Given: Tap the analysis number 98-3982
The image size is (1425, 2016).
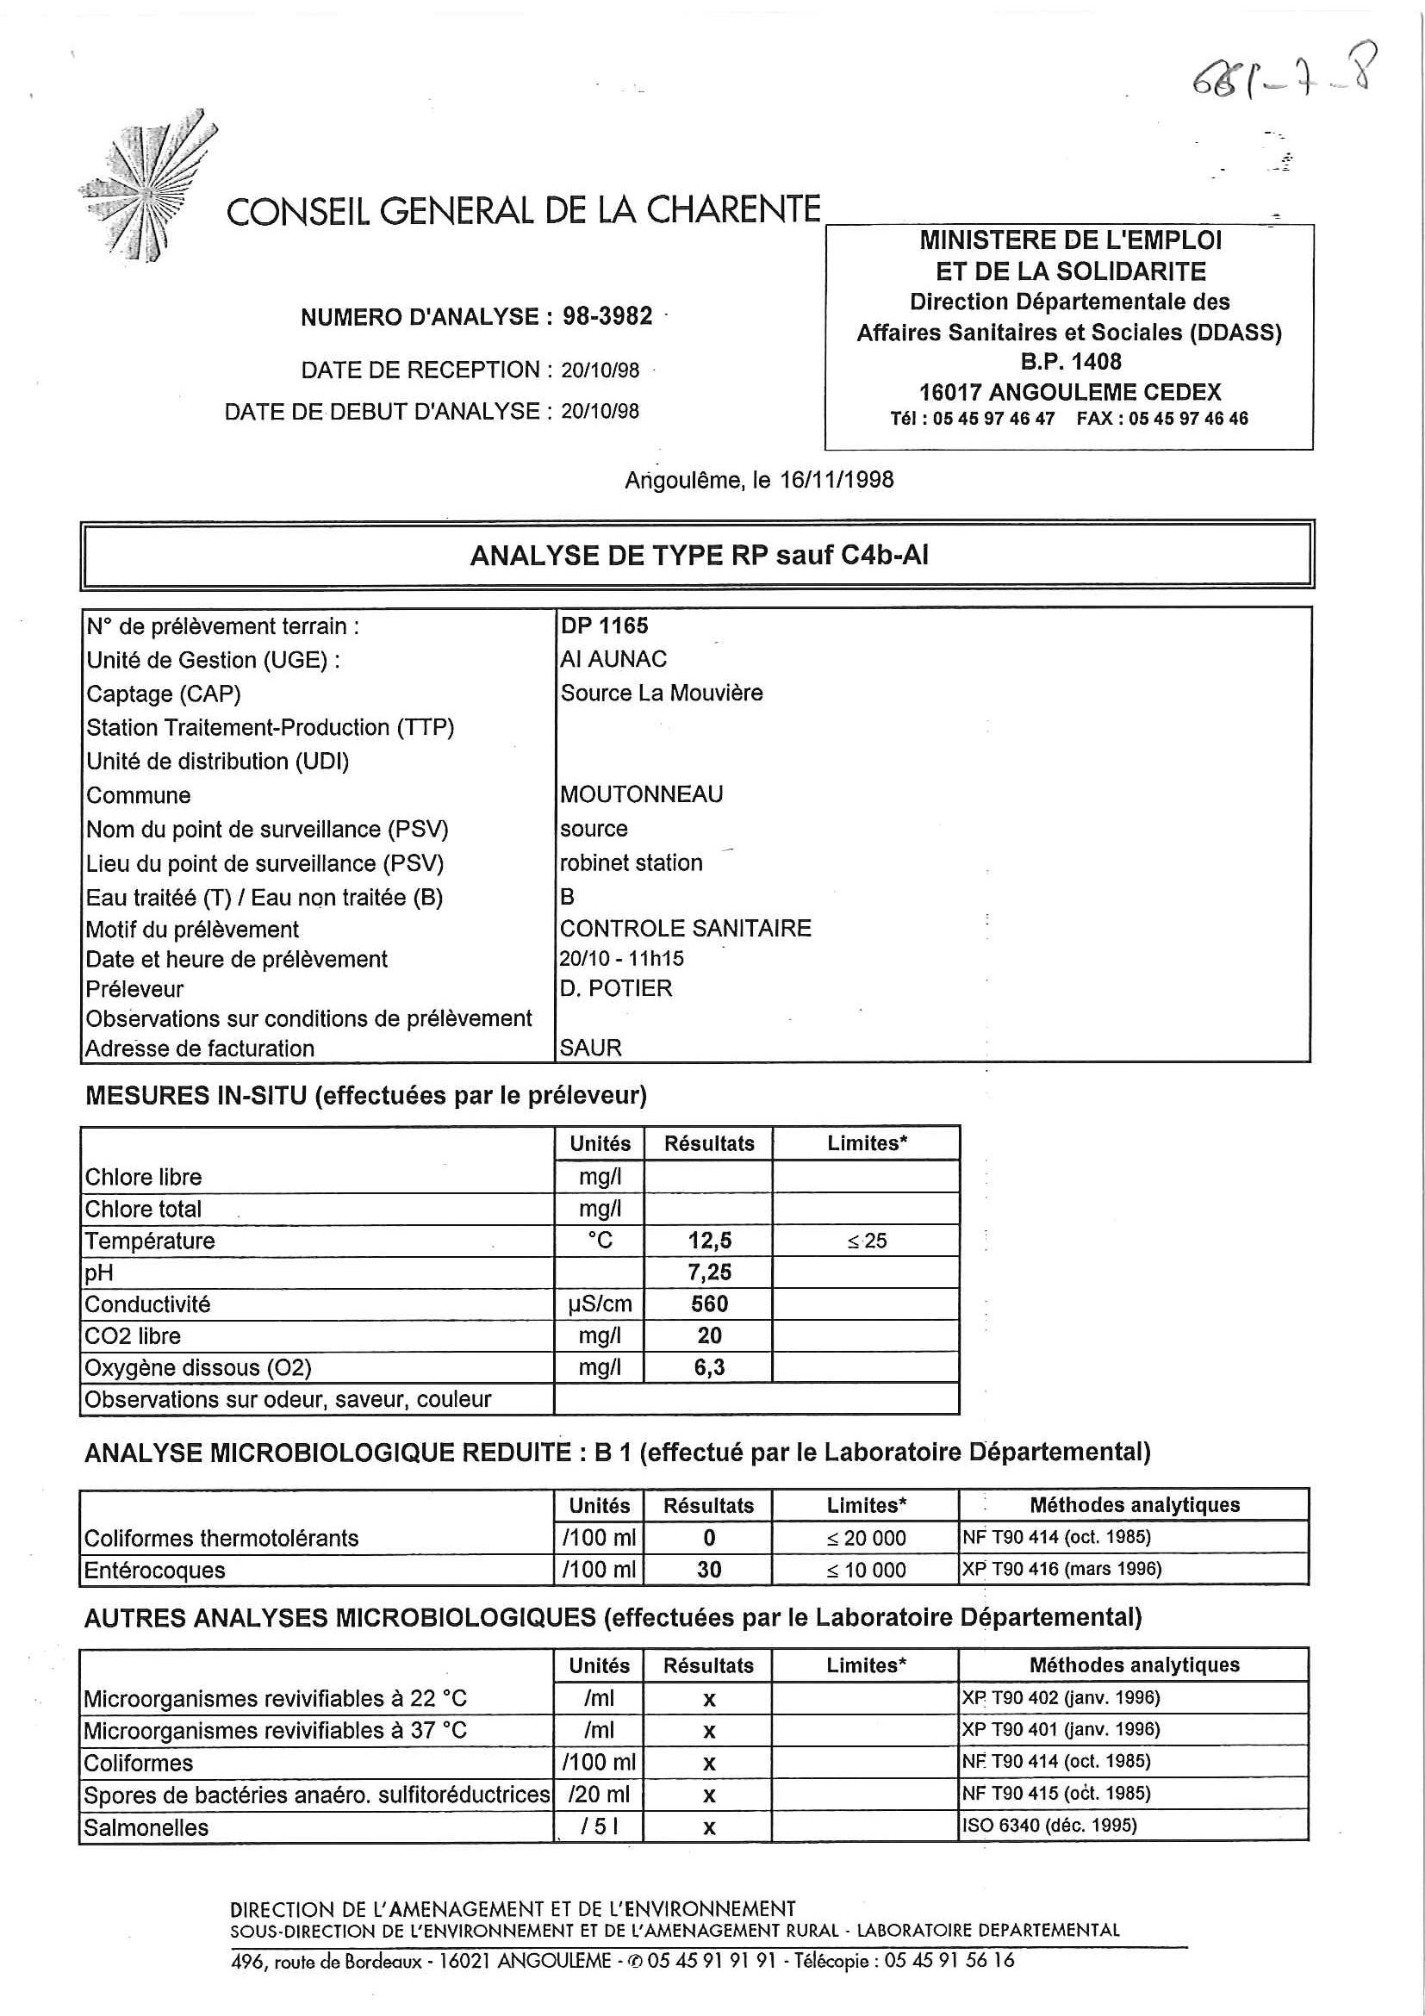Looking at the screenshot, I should click(607, 316).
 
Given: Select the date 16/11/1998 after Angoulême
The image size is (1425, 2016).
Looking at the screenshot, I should click(837, 480).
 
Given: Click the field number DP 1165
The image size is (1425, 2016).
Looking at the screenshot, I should click(604, 626).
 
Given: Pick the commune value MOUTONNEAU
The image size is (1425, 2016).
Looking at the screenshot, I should click(641, 794).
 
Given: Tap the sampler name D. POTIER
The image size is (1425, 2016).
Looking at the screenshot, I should click(615, 989).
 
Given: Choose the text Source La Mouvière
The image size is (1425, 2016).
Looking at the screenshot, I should click(661, 694).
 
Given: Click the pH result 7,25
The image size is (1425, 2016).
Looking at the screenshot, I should click(709, 1272).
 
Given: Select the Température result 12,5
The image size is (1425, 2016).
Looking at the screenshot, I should click(709, 1241).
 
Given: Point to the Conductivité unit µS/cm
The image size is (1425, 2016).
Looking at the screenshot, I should click(600, 1304).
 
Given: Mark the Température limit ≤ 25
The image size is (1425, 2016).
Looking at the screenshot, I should click(867, 1241).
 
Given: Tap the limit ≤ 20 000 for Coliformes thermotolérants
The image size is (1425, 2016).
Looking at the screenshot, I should click(866, 1538).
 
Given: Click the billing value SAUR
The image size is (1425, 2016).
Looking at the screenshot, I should click(590, 1048).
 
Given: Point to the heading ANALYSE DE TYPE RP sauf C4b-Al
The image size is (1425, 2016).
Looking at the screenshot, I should click(699, 556).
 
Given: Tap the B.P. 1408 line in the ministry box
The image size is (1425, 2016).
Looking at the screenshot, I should click(1070, 362).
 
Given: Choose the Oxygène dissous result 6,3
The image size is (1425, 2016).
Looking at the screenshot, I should click(709, 1367).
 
